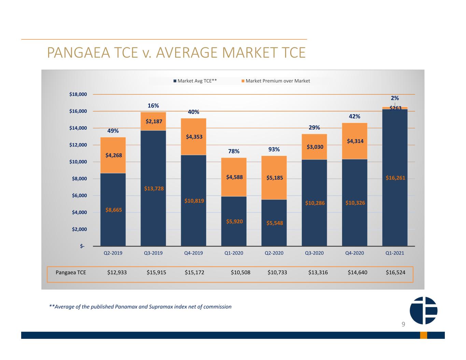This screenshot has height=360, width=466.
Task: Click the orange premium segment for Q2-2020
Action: click(x=274, y=178)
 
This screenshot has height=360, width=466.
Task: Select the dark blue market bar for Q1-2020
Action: click(x=234, y=221)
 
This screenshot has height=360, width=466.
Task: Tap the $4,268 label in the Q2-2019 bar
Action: click(x=113, y=155)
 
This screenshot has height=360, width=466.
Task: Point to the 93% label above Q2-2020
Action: click(x=274, y=149)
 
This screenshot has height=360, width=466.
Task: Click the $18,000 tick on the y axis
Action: click(x=78, y=94)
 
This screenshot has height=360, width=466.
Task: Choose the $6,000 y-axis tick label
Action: click(x=79, y=196)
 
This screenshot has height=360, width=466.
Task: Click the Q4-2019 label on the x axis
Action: click(x=194, y=253)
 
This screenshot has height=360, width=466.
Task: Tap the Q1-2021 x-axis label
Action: click(x=395, y=253)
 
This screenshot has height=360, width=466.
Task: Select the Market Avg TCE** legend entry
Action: click(x=195, y=81)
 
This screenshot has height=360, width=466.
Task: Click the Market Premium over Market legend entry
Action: click(x=276, y=81)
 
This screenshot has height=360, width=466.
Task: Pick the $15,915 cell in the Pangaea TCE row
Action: click(x=156, y=272)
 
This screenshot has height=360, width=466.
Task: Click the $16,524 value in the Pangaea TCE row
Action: click(x=395, y=272)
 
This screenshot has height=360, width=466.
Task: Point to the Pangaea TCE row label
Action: click(x=71, y=272)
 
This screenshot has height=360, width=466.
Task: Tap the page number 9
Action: click(x=403, y=324)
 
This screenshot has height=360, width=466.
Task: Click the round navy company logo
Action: click(x=423, y=311)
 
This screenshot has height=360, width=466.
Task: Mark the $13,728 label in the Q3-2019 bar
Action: click(x=154, y=189)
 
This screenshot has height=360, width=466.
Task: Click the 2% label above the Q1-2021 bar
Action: click(x=395, y=98)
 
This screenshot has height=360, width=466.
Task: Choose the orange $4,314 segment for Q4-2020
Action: click(x=354, y=141)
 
